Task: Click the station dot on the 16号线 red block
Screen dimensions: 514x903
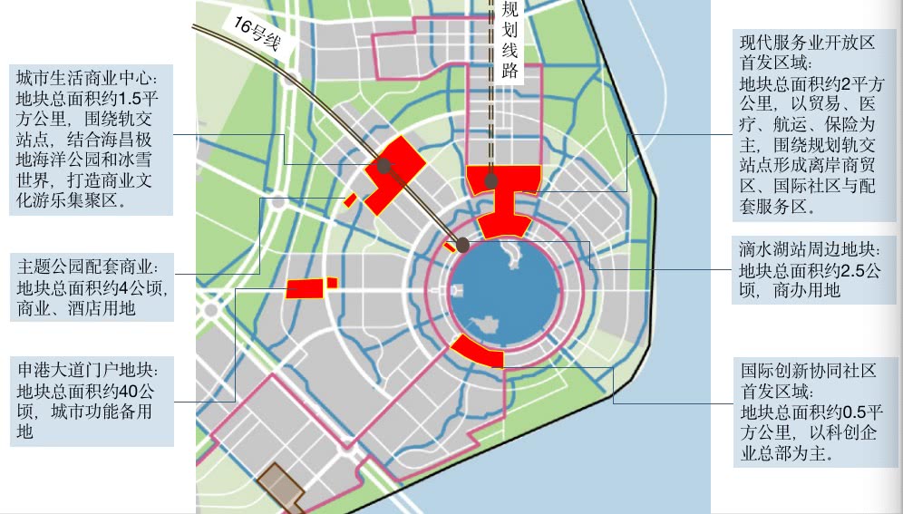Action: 384,166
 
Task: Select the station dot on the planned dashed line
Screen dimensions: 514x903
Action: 491,180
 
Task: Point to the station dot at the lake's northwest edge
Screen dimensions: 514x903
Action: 463,245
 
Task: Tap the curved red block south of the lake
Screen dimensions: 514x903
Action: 476,351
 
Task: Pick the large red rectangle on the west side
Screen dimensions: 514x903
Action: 306,289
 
